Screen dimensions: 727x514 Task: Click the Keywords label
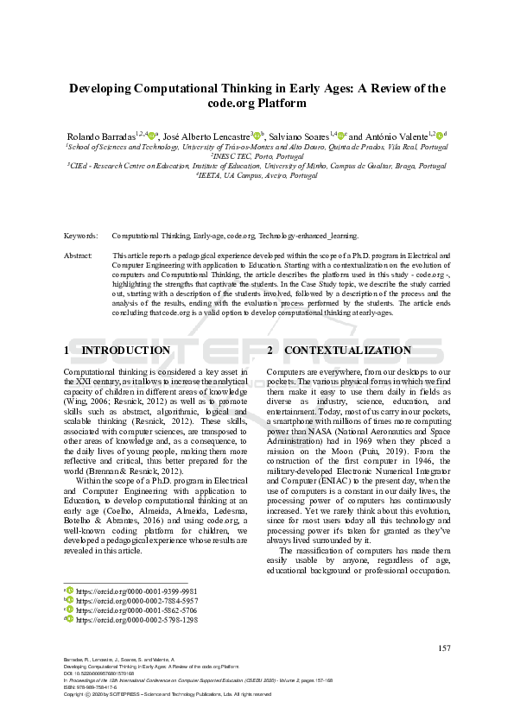tap(80, 235)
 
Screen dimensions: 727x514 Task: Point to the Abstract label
tap(78, 256)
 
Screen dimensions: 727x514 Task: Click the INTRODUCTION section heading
tap(125, 350)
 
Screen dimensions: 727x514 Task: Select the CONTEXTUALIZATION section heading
tap(347, 350)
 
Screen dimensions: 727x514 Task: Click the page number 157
tap(445, 648)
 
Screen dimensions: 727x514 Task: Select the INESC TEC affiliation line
tap(257, 156)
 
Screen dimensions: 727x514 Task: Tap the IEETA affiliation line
tap(257, 175)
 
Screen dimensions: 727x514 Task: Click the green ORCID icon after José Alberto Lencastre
tap(257, 136)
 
